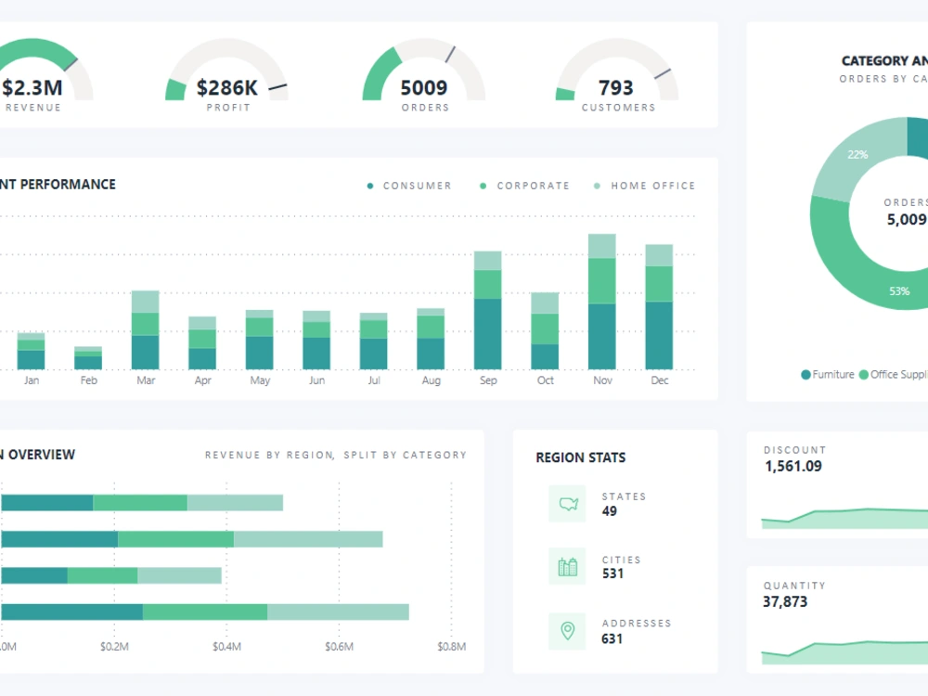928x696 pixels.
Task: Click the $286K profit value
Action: coord(226,88)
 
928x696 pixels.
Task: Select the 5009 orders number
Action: coord(423,88)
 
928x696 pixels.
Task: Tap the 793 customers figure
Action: coord(616,88)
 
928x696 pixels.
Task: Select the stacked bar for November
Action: coord(602,302)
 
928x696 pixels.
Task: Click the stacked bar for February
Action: coord(88,358)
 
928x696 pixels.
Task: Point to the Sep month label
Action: coord(488,380)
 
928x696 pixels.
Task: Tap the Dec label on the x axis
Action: coord(659,380)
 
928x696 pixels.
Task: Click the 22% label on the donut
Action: coord(857,155)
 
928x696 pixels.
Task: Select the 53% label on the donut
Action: coord(899,290)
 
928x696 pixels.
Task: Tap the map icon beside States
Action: coord(567,504)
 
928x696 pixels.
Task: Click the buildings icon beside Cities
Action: coord(567,567)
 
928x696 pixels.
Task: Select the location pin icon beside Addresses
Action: coord(567,631)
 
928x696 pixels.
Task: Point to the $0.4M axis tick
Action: coord(226,647)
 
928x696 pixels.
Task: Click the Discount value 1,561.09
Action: coord(793,466)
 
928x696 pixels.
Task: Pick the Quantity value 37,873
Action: coord(785,601)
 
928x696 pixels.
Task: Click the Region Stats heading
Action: coord(580,458)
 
